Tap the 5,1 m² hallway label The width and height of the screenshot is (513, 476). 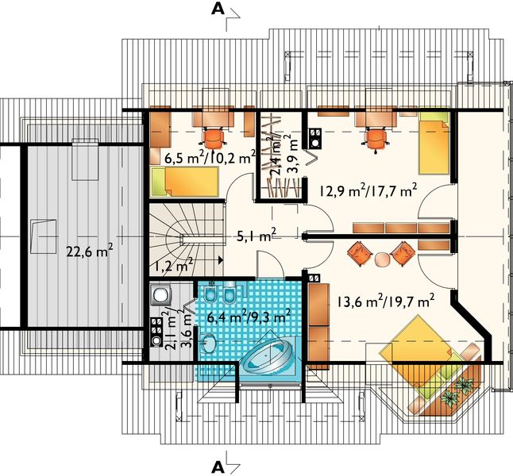point(256,234)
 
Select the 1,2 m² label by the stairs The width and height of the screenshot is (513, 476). point(174,267)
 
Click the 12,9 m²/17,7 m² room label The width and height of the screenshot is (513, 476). point(368,190)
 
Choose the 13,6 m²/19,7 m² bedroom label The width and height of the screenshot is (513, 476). point(384,301)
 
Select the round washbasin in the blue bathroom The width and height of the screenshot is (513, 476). point(210,345)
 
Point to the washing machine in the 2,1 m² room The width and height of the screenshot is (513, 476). point(160,295)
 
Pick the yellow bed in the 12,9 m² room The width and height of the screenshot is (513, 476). point(434,144)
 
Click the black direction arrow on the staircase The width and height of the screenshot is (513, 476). point(220,259)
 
